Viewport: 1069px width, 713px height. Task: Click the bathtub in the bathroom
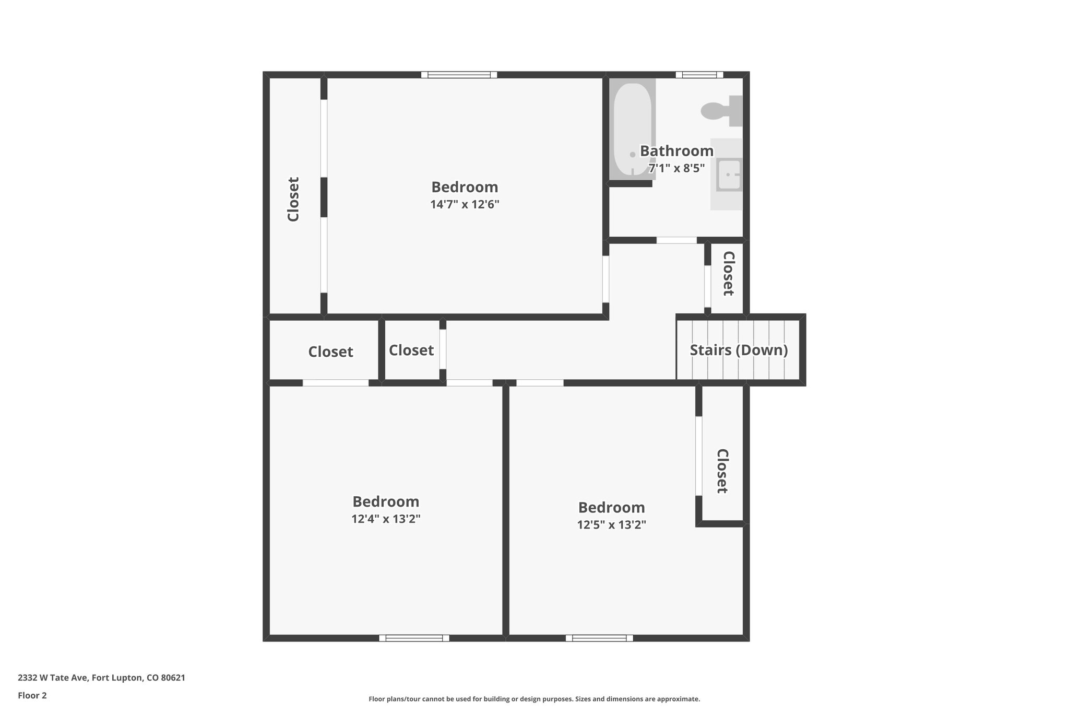tap(632, 131)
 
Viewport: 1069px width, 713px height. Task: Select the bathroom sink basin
tap(729, 175)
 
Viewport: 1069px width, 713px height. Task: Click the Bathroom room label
tap(676, 151)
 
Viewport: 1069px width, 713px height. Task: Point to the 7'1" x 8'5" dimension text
tap(676, 168)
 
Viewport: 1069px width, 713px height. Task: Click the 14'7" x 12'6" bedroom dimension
tap(465, 204)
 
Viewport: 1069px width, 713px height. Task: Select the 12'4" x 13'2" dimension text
tap(386, 519)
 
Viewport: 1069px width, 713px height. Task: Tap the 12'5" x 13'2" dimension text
tap(611, 524)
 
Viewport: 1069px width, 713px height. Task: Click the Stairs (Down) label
tap(739, 350)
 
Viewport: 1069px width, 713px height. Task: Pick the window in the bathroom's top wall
tap(699, 75)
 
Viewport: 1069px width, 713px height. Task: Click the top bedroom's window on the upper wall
tap(459, 75)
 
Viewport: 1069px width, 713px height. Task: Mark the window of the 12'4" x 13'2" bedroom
tap(414, 638)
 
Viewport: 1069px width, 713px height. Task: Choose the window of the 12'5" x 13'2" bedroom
tap(599, 638)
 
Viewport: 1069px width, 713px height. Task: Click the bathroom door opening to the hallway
tap(676, 240)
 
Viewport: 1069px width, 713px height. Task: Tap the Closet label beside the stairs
tap(728, 274)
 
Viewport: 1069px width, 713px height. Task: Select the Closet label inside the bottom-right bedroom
tap(722, 471)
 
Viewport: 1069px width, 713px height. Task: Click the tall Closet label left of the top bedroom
tap(293, 199)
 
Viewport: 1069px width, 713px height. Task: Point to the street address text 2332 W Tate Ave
tap(101, 677)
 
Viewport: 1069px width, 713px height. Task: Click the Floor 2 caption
tap(32, 695)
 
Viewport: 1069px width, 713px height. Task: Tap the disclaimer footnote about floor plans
tap(534, 699)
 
